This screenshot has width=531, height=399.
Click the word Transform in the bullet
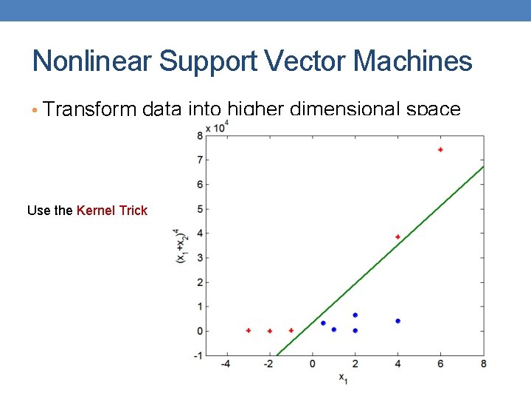89,109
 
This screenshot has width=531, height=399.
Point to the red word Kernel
95,211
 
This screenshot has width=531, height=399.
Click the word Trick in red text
133,211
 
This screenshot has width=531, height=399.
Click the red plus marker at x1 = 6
440,150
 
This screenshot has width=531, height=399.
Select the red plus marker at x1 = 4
398,237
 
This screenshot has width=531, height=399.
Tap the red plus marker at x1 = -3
249,330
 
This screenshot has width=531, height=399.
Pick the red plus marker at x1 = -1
291,330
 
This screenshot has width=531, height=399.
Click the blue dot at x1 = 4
398,321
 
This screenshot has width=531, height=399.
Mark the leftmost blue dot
323,323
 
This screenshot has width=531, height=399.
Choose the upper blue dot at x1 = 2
355,316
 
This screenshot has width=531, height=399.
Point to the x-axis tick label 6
440,364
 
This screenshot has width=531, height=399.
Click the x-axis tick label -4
226,364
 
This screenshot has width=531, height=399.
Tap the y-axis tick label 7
200,160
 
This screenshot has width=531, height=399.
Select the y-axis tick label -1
198,355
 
